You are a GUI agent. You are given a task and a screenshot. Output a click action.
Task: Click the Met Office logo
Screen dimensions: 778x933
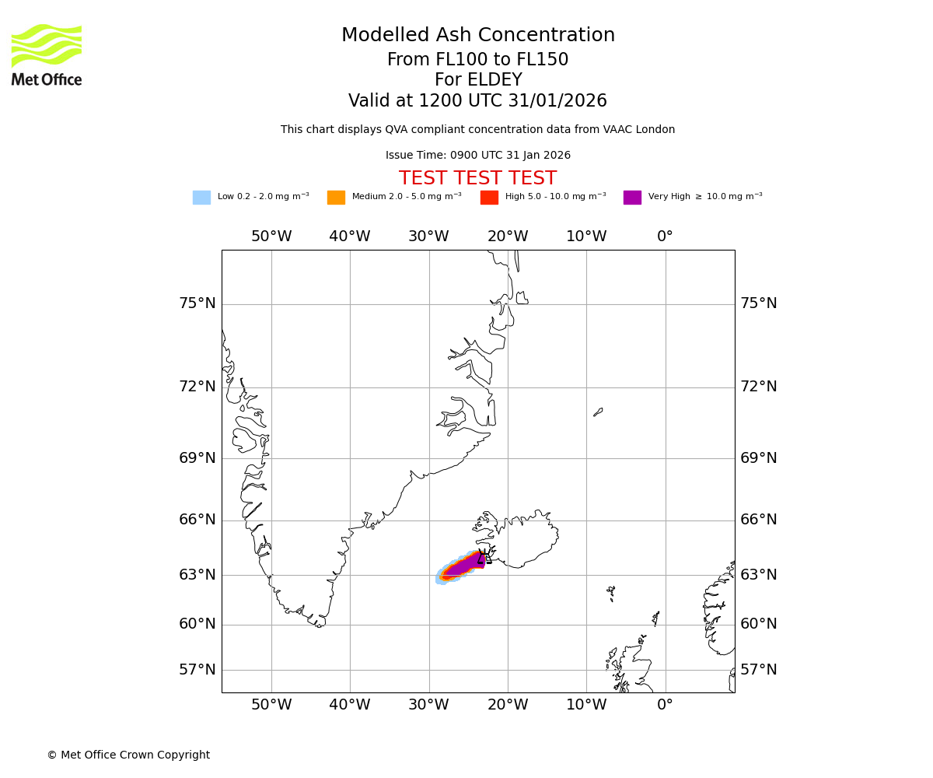47,54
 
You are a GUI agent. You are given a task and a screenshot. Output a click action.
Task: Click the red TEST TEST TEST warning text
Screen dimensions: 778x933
477,178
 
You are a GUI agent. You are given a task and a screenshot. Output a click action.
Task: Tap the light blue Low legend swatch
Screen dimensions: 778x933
201,197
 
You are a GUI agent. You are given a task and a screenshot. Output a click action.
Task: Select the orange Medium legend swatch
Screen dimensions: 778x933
336,197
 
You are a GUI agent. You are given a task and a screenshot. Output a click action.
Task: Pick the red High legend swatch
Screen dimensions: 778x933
489,197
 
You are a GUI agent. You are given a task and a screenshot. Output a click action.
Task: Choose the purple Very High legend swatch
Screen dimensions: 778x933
632,197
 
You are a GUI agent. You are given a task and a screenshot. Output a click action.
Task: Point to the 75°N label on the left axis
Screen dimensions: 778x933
197,303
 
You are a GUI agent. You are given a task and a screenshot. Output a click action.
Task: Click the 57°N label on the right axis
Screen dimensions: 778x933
758,670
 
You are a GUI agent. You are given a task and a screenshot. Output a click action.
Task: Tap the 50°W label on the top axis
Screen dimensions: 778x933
271,237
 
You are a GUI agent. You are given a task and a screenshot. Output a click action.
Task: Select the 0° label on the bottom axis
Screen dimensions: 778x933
665,705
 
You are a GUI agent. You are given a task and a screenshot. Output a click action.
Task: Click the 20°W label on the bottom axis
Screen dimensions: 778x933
508,705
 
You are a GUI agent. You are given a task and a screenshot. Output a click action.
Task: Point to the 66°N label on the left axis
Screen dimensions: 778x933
197,520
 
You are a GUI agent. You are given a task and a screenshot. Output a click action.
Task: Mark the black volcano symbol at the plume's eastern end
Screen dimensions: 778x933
483,556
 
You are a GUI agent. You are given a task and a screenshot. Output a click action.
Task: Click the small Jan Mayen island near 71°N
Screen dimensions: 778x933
598,412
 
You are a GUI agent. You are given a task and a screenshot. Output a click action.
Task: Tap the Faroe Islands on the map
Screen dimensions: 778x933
611,593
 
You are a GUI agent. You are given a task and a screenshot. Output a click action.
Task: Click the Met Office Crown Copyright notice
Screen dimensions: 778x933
128,755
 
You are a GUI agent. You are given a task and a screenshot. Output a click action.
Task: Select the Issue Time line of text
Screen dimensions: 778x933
477,156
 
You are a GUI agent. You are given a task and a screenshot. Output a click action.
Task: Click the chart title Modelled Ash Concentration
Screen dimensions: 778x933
477,35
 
